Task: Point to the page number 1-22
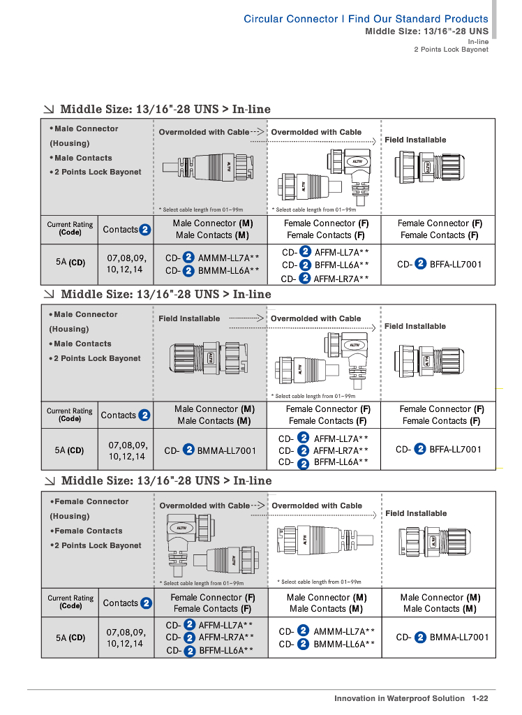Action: (x=479, y=698)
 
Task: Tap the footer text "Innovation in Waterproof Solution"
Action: (x=399, y=698)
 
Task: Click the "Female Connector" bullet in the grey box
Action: (x=91, y=501)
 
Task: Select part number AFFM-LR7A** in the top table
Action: (x=341, y=279)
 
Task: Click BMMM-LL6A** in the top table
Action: (x=228, y=270)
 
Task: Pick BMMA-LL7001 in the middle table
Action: (x=226, y=450)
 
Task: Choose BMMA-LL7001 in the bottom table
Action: (x=458, y=637)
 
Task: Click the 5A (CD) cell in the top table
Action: (x=70, y=263)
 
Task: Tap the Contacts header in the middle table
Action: (x=119, y=415)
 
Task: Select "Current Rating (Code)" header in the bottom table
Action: (x=70, y=602)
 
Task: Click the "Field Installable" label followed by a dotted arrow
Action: (x=189, y=318)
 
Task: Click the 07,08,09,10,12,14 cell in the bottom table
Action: (x=126, y=637)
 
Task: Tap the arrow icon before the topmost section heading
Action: (x=50, y=109)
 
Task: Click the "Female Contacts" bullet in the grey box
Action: (x=88, y=531)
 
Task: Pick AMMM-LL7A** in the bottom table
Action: (x=344, y=631)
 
